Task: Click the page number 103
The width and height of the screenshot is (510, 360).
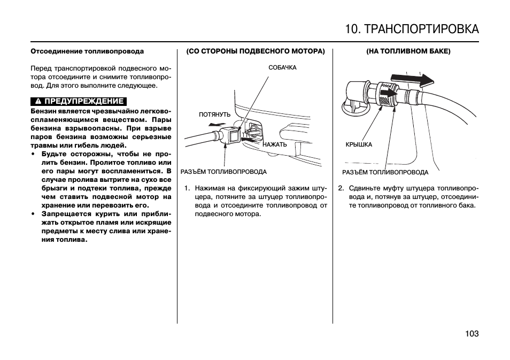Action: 472,333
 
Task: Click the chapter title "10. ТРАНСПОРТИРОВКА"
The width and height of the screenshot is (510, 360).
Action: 412,29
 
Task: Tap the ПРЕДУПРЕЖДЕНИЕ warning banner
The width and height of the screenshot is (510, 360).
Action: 79,101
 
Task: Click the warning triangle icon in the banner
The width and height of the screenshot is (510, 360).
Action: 39,101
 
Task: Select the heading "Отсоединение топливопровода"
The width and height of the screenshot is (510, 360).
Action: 87,52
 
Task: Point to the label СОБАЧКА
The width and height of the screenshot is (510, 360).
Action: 282,67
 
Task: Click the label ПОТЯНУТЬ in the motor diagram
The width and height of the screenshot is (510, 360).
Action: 214,114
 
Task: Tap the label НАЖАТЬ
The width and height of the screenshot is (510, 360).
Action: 275,144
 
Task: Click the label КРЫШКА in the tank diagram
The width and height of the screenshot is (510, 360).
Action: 359,144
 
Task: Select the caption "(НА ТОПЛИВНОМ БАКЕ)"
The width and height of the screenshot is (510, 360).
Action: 408,52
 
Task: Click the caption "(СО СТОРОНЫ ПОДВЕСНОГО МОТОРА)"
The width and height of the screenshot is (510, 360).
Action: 255,52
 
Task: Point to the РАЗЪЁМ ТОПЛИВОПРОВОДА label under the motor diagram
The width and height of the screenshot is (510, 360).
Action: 223,172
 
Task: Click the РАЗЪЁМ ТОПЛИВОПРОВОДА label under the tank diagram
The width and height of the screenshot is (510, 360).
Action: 385,172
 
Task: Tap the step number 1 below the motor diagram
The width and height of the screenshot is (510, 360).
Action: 187,188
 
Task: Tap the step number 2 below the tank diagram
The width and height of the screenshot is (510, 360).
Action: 341,188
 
